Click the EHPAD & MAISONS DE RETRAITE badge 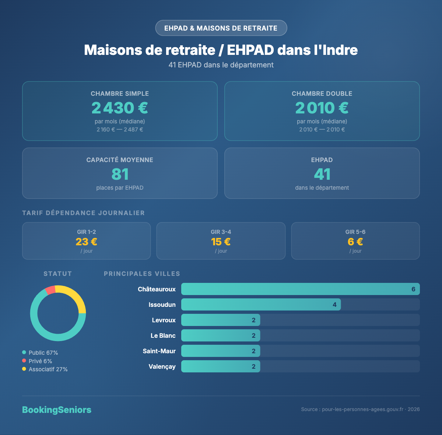tap(221, 28)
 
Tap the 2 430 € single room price tap(120, 108)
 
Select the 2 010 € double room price tap(322, 108)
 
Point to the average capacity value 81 tap(120, 174)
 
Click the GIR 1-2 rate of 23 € tap(87, 242)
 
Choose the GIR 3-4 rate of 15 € tap(221, 242)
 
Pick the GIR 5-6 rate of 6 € tap(355, 242)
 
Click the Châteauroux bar tap(300, 289)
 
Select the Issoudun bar tap(261, 305)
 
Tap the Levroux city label tap(164, 320)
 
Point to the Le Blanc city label tap(163, 336)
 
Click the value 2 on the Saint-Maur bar tap(253, 351)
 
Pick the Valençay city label tap(162, 366)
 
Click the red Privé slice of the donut tap(50, 290)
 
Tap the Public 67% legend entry tap(43, 353)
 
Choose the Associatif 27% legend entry tap(48, 369)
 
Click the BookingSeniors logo tap(57, 410)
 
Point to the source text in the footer tap(360, 410)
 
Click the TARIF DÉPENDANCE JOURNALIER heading tap(83, 213)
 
